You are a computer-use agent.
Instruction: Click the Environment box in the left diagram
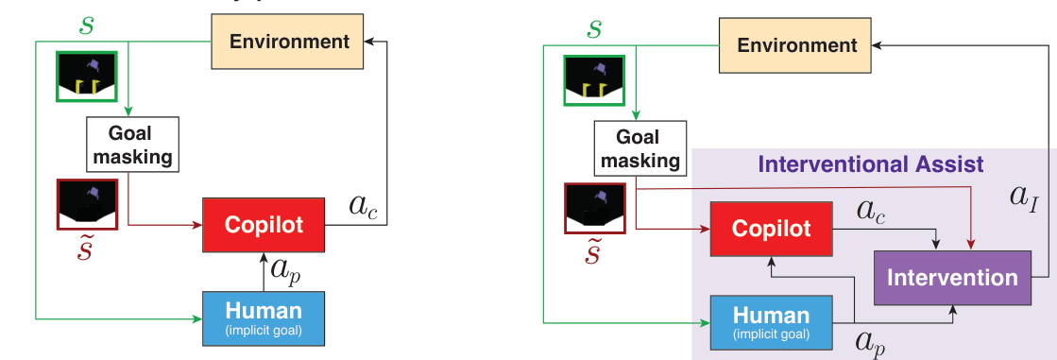coord(289,42)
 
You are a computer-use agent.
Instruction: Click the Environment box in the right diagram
coord(797,45)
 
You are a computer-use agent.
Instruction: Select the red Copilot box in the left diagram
coord(264,225)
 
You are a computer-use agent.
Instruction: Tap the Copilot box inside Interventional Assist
coord(772,230)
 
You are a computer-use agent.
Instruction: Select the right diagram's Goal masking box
coord(640,148)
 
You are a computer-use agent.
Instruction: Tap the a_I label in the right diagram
coord(1024,197)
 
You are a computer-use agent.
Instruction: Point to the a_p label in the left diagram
coord(285,271)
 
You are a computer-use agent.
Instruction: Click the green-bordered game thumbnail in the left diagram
coord(85,77)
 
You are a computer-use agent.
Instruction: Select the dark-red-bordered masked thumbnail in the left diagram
coord(85,204)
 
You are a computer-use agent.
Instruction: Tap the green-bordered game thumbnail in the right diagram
coord(593,80)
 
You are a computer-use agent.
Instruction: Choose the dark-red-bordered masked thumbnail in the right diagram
coord(593,208)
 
